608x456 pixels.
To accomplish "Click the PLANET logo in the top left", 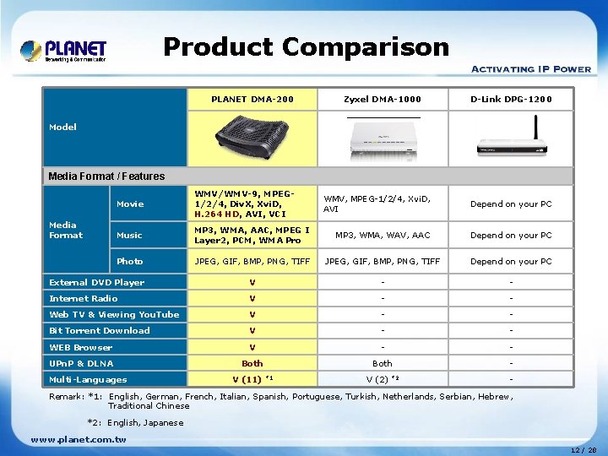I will click(63, 51).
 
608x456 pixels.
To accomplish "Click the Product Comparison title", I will click(306, 46).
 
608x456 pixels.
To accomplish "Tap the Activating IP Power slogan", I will click(530, 69).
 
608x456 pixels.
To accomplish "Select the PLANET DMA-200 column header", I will click(252, 100).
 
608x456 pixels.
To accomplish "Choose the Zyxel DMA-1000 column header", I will click(382, 100).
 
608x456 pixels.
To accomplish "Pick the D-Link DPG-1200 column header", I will click(511, 100).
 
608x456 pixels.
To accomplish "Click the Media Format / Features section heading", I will click(106, 176).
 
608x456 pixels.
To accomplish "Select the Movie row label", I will click(130, 204).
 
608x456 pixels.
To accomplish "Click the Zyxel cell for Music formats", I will click(383, 235).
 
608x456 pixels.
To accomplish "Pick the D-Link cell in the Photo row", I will click(511, 262).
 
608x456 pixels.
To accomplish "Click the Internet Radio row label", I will click(84, 298).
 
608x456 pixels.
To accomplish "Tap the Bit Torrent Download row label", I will click(100, 330).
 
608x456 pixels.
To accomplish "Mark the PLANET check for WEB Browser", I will click(252, 347).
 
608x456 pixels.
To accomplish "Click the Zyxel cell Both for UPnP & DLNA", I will click(382, 363).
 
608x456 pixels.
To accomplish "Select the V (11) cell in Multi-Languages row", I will click(252, 379).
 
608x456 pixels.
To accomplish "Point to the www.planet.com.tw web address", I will click(78, 439).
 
